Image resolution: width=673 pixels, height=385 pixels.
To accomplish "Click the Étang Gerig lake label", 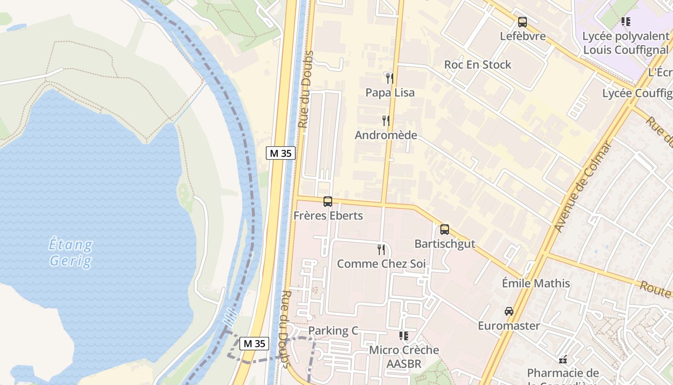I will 71,253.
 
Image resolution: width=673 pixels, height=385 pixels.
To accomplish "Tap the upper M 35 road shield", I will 281,154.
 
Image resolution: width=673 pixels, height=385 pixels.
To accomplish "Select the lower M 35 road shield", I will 254,344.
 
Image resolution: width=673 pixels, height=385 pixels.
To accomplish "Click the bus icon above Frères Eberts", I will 328,202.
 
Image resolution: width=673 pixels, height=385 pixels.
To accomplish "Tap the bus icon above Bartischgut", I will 445,230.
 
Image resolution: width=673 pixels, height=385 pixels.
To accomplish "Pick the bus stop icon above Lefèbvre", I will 523,22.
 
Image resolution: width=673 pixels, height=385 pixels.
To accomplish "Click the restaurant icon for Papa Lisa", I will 390,78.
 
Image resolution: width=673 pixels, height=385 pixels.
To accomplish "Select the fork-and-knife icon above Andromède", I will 386,120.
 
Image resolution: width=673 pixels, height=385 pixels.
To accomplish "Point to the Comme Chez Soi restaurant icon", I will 381,249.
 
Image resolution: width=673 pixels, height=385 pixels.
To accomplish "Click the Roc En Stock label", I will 477,64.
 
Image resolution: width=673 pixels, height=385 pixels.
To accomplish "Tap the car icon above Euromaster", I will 509,311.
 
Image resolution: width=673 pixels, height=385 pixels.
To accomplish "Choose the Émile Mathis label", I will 536,283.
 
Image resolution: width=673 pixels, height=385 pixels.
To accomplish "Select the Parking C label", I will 333,331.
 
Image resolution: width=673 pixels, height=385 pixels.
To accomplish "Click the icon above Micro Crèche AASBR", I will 404,335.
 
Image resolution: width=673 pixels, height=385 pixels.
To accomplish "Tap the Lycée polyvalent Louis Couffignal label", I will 625,43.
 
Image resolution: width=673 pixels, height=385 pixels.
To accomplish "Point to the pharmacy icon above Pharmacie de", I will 563,359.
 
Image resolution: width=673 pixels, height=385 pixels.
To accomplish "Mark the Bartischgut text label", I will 445,244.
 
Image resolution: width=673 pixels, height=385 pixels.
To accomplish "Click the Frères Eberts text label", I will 328,216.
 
